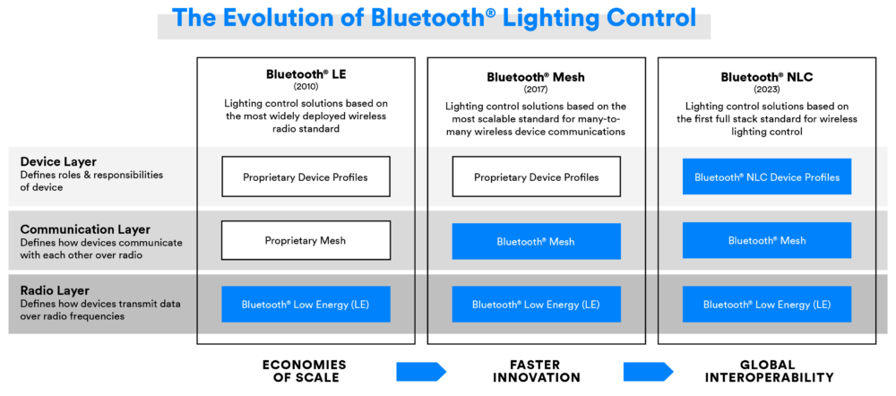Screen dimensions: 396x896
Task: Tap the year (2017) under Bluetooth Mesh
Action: (536, 89)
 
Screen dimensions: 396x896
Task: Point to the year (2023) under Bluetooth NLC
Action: (766, 89)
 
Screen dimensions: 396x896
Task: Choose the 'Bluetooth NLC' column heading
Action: (766, 76)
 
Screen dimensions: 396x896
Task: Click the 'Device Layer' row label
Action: (58, 161)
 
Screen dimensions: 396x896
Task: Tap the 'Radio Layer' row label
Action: (56, 290)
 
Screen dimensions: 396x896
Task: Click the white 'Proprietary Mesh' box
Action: (306, 240)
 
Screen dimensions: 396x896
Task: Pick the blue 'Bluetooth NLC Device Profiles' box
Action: (767, 176)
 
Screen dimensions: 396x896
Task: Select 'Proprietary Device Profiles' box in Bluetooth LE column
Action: (306, 177)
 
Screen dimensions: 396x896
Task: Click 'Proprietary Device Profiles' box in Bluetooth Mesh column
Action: (536, 177)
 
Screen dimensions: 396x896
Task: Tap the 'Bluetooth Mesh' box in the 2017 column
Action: (536, 241)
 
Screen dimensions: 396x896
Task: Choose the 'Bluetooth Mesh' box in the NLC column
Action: (767, 240)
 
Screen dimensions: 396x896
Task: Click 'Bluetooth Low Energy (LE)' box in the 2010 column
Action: (306, 305)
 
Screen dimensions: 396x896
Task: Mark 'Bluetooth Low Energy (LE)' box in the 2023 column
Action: (767, 305)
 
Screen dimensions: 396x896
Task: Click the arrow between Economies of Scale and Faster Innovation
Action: (420, 371)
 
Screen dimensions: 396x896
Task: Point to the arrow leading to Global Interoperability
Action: (649, 371)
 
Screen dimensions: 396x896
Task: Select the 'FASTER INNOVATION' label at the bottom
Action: (537, 371)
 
